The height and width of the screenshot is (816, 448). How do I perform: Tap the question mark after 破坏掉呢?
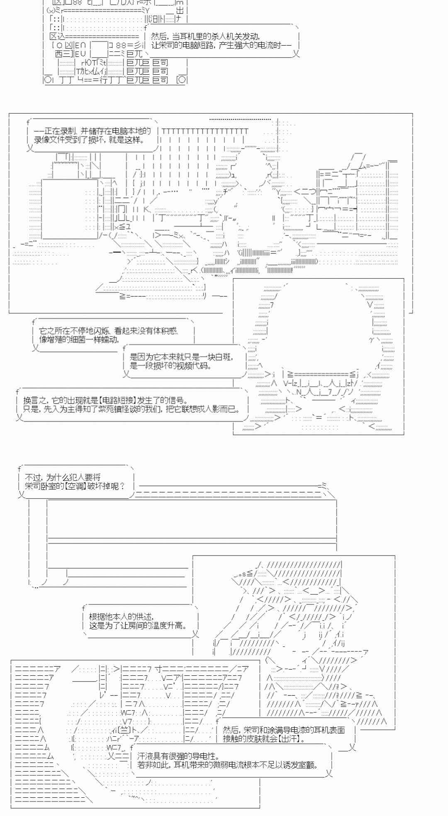(x=122, y=486)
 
